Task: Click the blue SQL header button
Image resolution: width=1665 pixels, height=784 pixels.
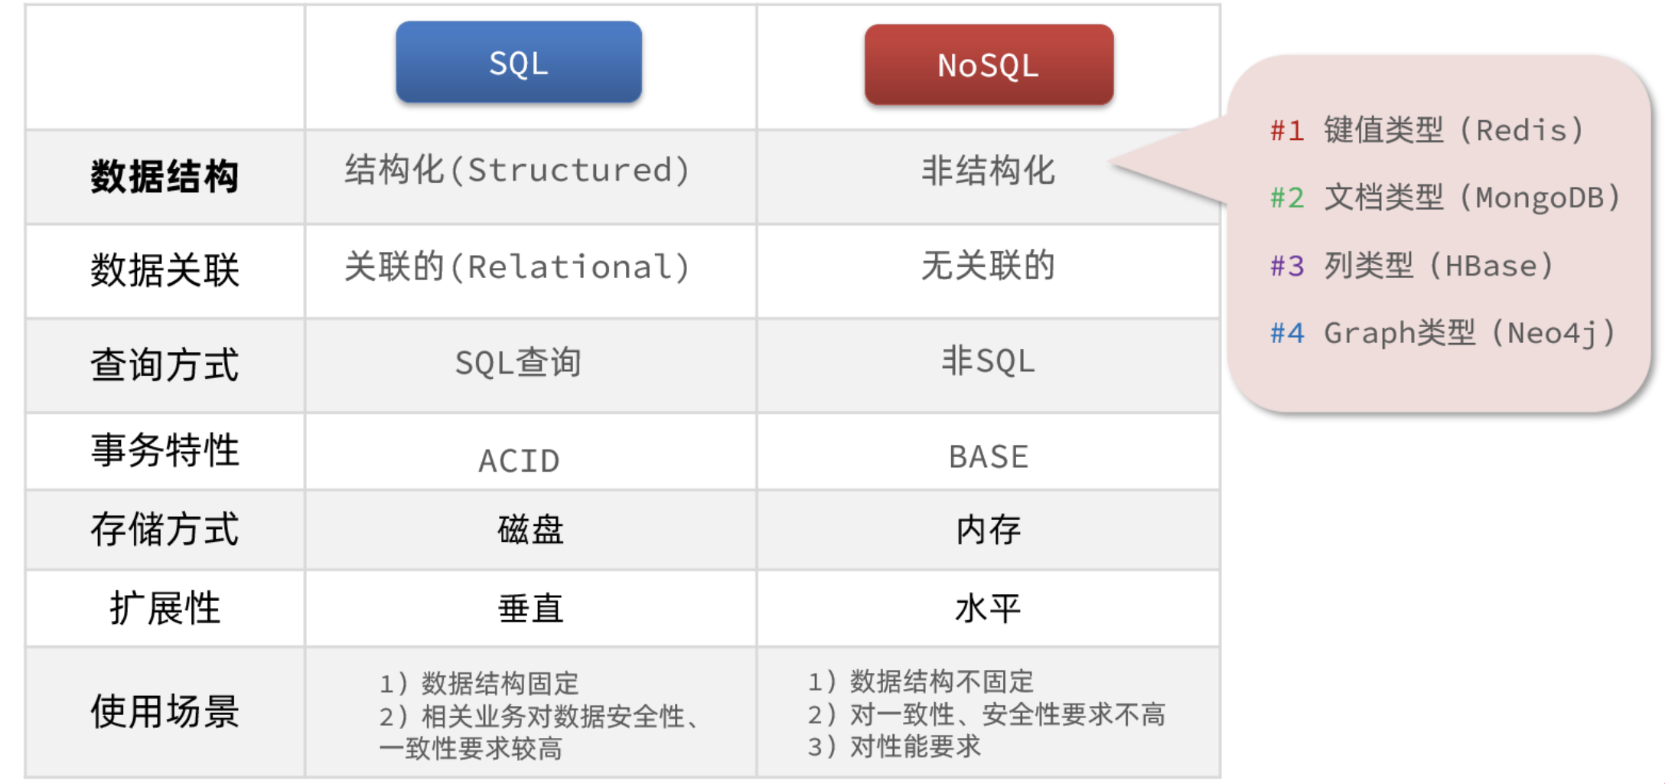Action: coord(519,62)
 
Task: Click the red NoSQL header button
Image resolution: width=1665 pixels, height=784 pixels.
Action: coord(989,64)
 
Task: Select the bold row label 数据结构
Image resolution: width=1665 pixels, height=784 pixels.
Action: coord(165,177)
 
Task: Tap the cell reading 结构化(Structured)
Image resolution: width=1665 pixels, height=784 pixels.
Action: coord(518,170)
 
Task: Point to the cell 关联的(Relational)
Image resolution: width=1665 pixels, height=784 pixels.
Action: coord(518,266)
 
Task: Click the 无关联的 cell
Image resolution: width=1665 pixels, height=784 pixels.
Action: coord(988,266)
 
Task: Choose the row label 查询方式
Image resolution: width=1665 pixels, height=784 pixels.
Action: coord(165,364)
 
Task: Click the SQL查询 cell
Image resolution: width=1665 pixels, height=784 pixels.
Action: coord(518,362)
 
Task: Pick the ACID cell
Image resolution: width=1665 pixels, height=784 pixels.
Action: coord(519,461)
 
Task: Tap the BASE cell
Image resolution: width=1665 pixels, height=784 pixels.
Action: coord(989,456)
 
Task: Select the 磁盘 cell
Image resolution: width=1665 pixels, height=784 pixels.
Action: coord(530,530)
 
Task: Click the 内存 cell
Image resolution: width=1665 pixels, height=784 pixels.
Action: coord(988,530)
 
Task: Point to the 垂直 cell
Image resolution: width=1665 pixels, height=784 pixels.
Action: coord(530,609)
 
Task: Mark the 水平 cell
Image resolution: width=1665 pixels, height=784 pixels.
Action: coord(988,609)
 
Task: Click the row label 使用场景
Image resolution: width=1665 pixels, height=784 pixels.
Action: coord(165,711)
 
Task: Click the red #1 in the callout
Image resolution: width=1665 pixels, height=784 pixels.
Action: coord(1287,131)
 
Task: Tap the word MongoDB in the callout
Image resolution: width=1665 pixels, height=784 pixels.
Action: coord(1540,198)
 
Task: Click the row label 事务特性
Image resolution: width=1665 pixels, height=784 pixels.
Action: coord(165,450)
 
